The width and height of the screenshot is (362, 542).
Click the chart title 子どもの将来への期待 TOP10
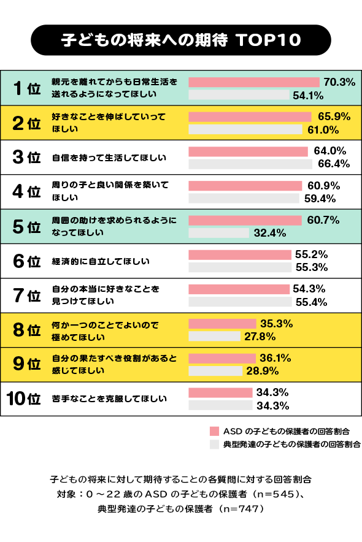181,40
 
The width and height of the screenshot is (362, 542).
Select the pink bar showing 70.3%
254,82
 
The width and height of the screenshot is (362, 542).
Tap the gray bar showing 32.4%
218,233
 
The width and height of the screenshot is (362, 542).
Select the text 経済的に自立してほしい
101,261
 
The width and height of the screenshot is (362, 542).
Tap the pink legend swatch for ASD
214,430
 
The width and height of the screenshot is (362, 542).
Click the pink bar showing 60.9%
245,185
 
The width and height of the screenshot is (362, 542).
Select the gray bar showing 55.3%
239,267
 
